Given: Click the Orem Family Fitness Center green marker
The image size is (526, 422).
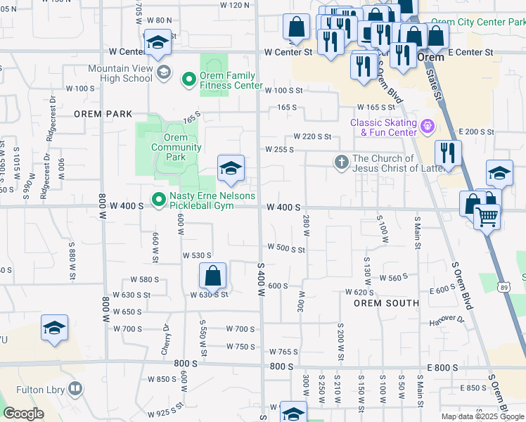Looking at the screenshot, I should tap(188, 79).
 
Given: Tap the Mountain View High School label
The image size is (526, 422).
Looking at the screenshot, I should tap(120, 73).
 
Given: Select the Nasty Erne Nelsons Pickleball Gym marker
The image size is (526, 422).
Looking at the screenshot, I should tap(159, 201).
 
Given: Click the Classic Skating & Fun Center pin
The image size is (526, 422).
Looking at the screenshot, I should tap(428, 127).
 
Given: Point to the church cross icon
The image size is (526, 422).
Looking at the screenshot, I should tap(341, 162).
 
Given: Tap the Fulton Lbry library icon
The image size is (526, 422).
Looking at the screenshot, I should tap(75, 388).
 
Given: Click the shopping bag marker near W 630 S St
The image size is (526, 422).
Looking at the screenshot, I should tap(212, 276).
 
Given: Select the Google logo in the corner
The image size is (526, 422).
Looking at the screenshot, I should tap(23, 414).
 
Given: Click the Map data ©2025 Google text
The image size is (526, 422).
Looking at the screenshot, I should tap(482, 416).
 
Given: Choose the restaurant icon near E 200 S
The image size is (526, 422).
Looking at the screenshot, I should tap(448, 152).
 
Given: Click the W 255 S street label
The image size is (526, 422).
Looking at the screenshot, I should tap(279, 149).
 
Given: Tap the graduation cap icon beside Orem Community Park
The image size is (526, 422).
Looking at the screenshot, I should tap(231, 168).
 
